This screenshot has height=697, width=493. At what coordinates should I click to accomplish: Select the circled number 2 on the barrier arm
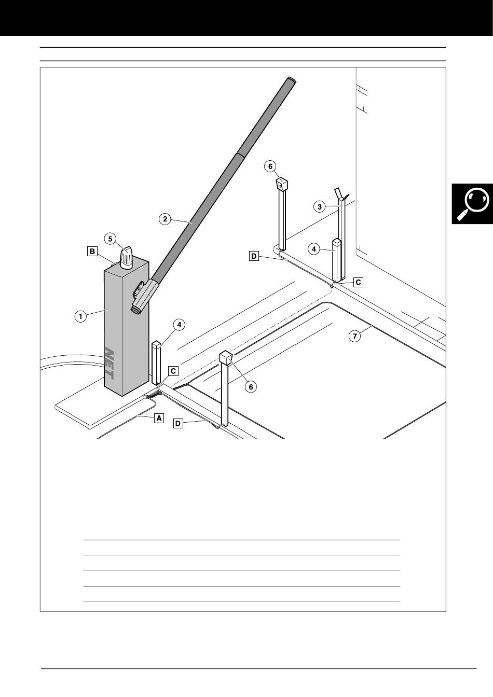(x=165, y=219)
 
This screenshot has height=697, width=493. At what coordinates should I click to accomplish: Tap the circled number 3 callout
(x=320, y=206)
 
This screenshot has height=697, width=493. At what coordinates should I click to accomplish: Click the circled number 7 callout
(x=354, y=336)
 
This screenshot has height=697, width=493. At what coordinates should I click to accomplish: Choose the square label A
(x=159, y=417)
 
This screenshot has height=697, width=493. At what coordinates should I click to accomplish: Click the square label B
(x=92, y=252)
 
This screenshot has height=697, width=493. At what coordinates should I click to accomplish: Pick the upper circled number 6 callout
(x=270, y=166)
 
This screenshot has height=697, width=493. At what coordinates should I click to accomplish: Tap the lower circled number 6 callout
(x=251, y=387)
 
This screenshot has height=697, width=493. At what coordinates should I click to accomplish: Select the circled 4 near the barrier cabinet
(x=179, y=325)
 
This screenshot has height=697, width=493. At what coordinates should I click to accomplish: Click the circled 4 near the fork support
(x=314, y=249)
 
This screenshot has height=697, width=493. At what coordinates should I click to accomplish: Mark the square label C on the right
(x=358, y=283)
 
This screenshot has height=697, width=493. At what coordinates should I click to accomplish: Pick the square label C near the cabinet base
(x=173, y=371)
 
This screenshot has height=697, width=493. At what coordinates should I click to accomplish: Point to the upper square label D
(x=254, y=256)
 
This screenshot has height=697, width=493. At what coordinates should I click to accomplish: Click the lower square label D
(x=178, y=424)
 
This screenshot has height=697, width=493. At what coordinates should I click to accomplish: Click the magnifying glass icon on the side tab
(x=473, y=203)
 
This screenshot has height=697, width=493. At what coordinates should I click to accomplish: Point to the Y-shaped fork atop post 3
(x=340, y=194)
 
